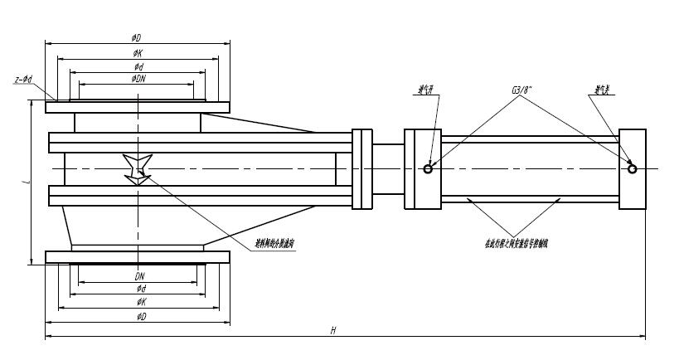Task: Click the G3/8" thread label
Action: (x=524, y=89)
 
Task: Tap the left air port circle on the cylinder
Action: (x=429, y=169)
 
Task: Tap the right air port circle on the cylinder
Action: (x=633, y=169)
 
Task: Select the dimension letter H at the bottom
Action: (x=332, y=330)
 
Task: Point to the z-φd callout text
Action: (x=24, y=80)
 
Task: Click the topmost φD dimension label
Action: (x=136, y=37)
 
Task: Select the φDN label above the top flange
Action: (x=136, y=78)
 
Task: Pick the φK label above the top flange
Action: (x=137, y=52)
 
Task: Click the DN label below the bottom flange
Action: (x=139, y=275)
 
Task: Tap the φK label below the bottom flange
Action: (x=140, y=302)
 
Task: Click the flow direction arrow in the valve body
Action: (x=135, y=168)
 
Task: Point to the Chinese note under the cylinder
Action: (x=515, y=243)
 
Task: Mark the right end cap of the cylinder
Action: (x=633, y=169)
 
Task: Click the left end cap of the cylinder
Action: (x=420, y=169)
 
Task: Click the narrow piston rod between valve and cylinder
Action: (x=388, y=168)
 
